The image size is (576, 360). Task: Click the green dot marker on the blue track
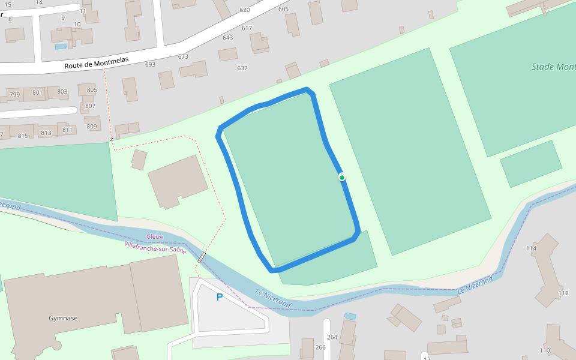click(x=342, y=177)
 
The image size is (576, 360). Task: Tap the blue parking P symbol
click(x=220, y=297)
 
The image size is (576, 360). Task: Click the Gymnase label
click(x=63, y=319)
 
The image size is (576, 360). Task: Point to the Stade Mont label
click(x=553, y=67)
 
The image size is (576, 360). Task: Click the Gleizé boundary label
click(x=155, y=236)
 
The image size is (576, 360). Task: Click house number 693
click(x=150, y=65)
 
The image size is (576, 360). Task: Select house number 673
click(x=183, y=57)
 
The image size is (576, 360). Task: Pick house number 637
click(x=242, y=68)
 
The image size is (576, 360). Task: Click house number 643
click(x=227, y=38)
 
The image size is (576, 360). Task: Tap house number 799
click(x=15, y=95)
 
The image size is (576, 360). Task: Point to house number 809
click(x=92, y=127)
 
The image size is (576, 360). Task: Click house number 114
click(x=531, y=248)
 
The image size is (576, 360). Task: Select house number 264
click(x=332, y=337)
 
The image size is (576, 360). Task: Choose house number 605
click(x=284, y=9)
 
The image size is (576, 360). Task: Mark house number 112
click(x=563, y=293)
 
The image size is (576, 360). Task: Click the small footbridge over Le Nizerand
click(x=202, y=257)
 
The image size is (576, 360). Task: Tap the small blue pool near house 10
click(x=61, y=46)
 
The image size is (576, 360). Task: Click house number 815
click(x=23, y=136)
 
